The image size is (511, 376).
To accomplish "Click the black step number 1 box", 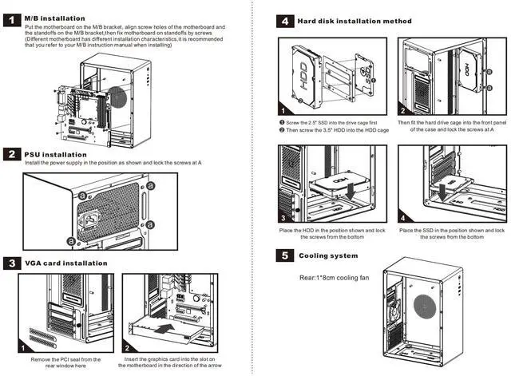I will coord(12,16).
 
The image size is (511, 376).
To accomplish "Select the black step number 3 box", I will coord(12,263).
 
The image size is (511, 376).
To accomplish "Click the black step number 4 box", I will coord(285,22).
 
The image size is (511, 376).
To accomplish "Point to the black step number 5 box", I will coord(285,256).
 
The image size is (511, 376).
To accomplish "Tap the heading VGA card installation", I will coord(68,263).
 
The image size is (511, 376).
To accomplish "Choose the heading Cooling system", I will coord(328,256).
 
